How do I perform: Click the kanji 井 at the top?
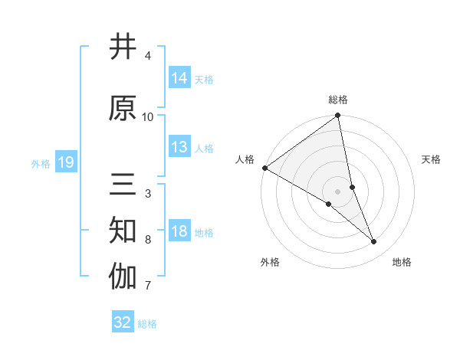point(123,47)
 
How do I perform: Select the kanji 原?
point(123,109)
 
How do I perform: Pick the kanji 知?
point(123,229)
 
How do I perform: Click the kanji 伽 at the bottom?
point(123,277)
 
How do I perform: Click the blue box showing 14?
point(179,78)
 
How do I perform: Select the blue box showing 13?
point(179,147)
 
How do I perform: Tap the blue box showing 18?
point(179,231)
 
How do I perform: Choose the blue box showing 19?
point(66,162)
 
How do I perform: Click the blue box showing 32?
point(123,322)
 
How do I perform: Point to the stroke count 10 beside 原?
point(148,116)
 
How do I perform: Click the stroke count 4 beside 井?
point(147,56)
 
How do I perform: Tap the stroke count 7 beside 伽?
point(147,286)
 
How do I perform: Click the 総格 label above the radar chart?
point(338,100)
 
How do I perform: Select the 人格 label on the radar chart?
point(245,159)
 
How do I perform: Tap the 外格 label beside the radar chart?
point(270,262)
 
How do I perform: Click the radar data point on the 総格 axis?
point(338,116)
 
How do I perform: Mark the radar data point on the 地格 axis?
point(374,242)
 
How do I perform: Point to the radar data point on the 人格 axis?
point(264,168)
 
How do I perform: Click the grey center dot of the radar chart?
point(338,191)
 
